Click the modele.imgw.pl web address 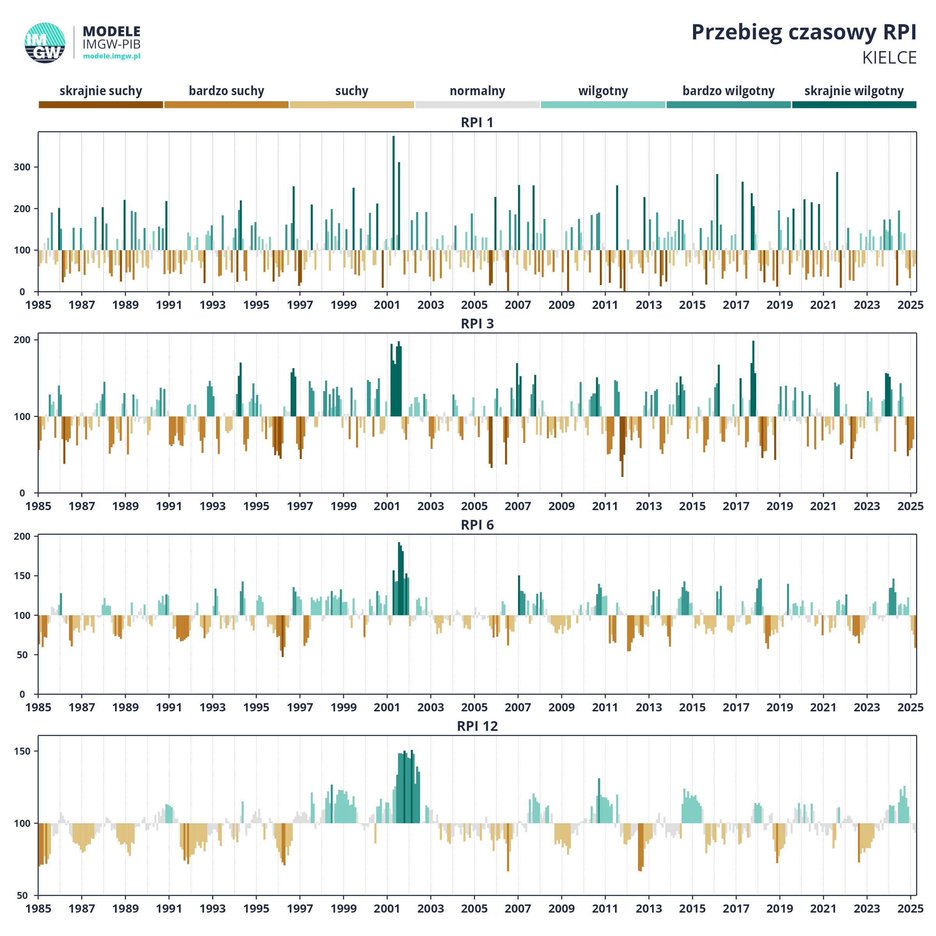point(112,56)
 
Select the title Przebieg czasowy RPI point(804,32)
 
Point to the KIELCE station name point(889,58)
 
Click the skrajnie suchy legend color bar point(101,105)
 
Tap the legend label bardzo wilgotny point(729,91)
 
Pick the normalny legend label point(477,91)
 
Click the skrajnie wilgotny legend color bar point(854,105)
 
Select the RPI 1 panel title point(477,122)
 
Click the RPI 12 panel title point(477,726)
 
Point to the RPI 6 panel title point(477,525)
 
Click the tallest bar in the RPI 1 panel point(394,214)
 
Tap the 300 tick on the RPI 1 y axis point(22,167)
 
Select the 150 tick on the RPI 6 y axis point(22,576)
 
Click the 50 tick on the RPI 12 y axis point(22,896)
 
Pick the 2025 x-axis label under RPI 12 point(910,909)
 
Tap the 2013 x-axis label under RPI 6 point(649,707)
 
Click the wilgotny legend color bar point(603,105)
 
